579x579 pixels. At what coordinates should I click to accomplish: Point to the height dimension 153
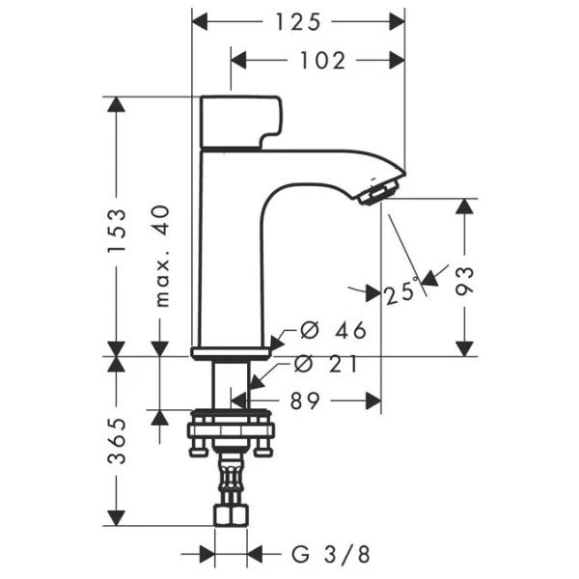(x=117, y=231)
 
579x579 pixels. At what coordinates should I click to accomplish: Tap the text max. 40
(x=161, y=256)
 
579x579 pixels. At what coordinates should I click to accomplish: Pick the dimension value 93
(x=465, y=280)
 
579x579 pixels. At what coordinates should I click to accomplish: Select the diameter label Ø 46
(x=334, y=331)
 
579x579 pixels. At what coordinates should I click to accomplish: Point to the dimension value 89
(x=304, y=400)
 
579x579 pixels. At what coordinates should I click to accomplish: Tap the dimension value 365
(x=117, y=443)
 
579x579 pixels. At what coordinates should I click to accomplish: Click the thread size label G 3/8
(x=329, y=554)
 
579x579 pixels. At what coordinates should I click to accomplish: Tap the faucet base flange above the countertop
(x=231, y=351)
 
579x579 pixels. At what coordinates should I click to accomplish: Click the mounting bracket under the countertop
(x=232, y=430)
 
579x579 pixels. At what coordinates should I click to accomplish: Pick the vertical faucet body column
(x=230, y=251)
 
